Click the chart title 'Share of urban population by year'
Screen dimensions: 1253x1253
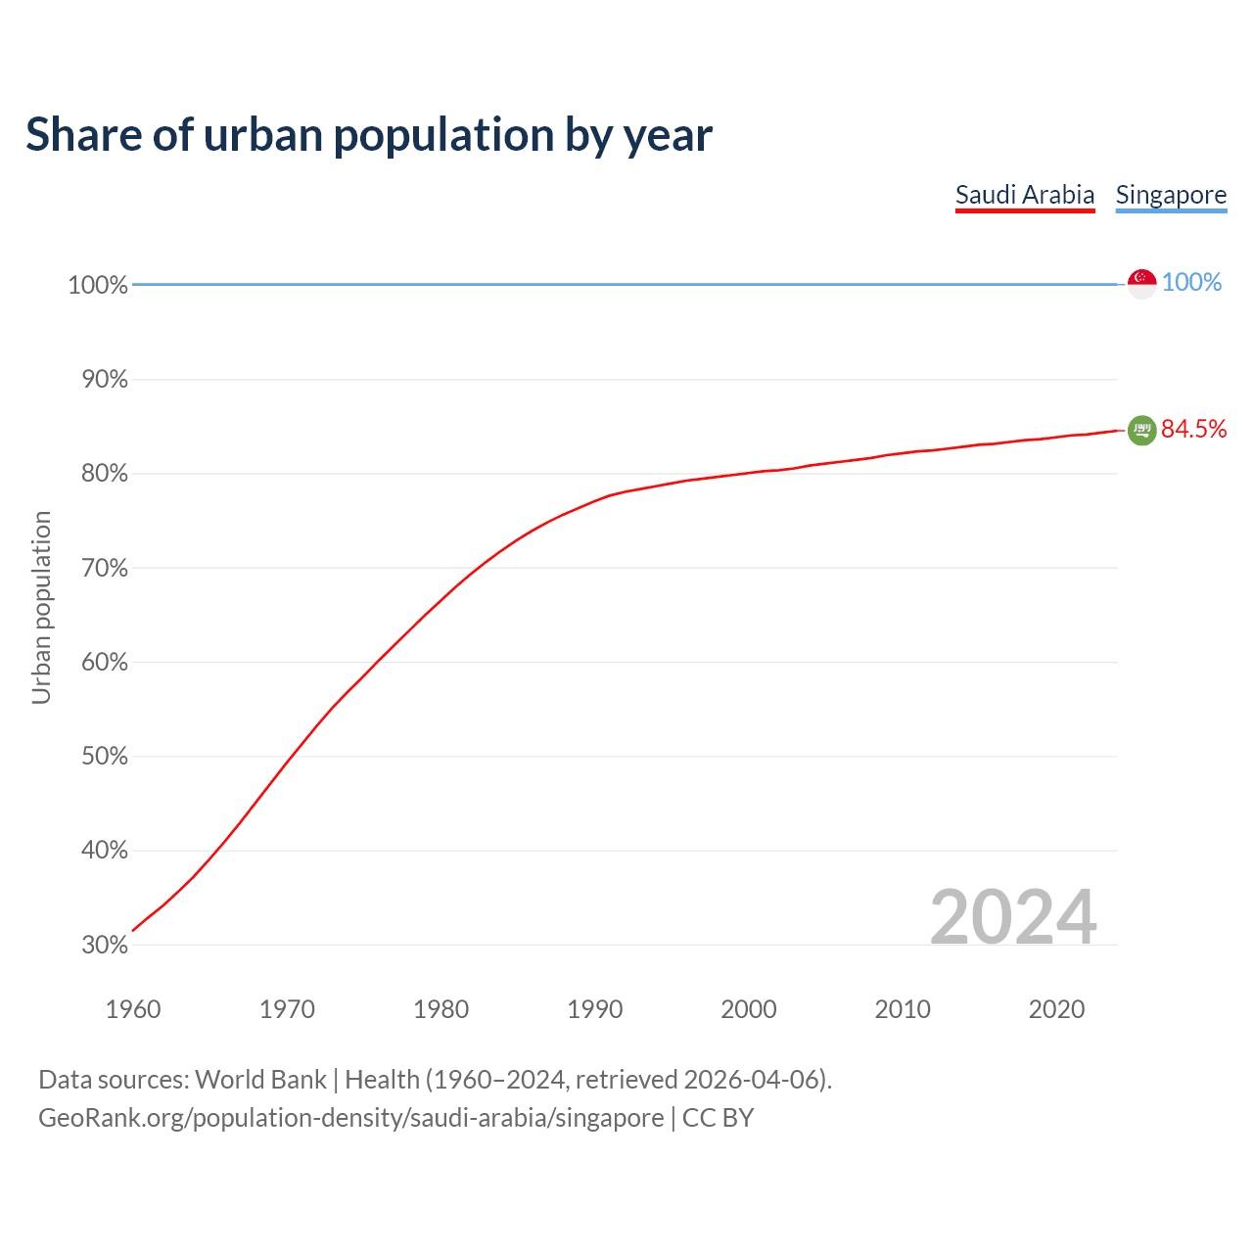pos(369,135)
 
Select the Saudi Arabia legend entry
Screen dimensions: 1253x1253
pos(1024,195)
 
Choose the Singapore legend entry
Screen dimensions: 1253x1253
pos(1171,195)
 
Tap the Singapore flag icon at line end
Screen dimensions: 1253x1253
pos(1141,283)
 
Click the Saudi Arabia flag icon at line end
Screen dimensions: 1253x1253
pos(1141,430)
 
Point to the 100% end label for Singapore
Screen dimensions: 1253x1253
pos(1191,283)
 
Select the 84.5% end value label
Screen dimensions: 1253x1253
pos(1193,430)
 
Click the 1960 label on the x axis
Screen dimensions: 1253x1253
pos(133,1009)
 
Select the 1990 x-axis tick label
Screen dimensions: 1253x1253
pos(595,1009)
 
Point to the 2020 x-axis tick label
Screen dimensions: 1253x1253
pos(1056,1009)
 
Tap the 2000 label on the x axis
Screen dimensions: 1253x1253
pos(749,1009)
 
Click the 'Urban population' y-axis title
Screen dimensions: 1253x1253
pos(41,607)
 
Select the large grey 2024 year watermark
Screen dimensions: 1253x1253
pos(1012,917)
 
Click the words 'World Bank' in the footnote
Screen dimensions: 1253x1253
pos(260,1080)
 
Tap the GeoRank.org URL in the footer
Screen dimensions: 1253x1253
pos(350,1118)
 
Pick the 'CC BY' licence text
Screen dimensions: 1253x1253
pos(718,1118)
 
